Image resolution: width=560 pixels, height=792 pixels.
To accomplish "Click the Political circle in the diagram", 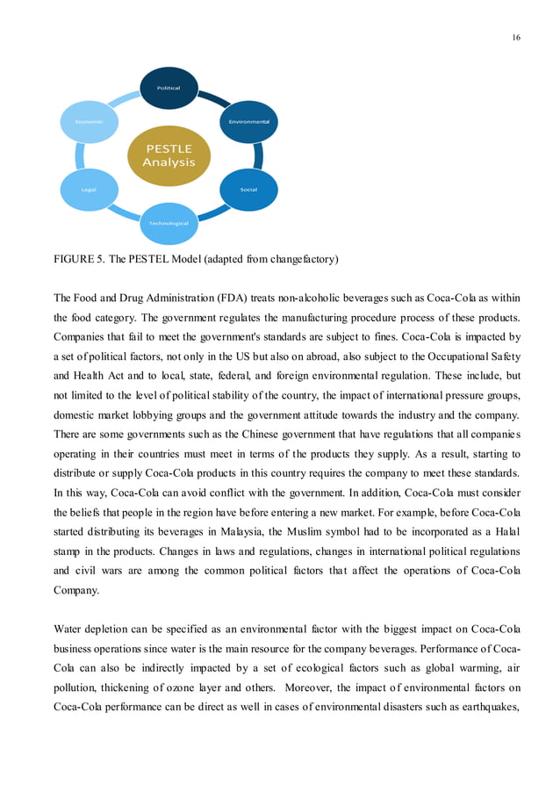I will [x=169, y=88].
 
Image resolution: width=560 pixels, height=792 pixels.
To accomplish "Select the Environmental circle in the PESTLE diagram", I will [x=248, y=121].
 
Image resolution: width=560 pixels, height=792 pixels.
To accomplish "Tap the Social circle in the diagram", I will [x=248, y=190].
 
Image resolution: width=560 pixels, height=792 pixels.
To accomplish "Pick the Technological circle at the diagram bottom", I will [x=169, y=223].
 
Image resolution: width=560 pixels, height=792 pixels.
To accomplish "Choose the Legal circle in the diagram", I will [x=89, y=190].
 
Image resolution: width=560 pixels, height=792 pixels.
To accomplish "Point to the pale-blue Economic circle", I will [x=89, y=121].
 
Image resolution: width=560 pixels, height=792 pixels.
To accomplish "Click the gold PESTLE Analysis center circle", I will [x=169, y=155].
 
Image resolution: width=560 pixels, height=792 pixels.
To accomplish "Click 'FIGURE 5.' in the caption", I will [x=80, y=259].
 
